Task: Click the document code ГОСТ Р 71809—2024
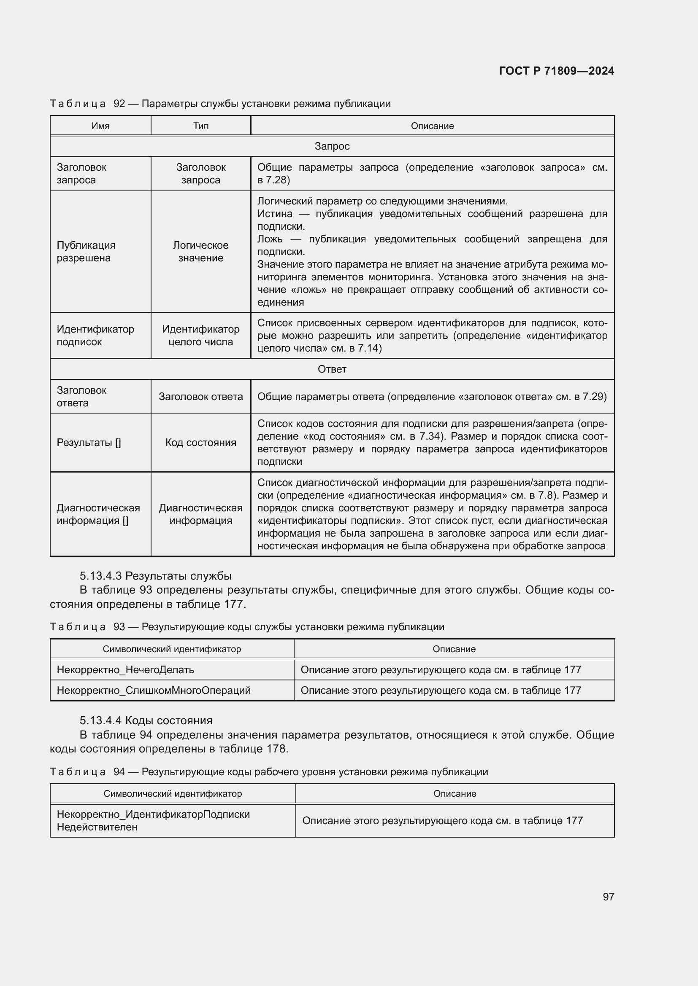556,71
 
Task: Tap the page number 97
608,896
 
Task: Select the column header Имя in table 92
100,126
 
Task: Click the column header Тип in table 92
201,126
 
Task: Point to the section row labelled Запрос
332,146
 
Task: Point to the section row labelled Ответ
332,369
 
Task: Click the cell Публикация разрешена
86,251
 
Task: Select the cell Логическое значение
201,251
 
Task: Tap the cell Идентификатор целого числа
201,336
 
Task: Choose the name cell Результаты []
89,442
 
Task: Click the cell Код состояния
201,442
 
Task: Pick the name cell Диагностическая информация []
98,514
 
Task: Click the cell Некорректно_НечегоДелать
125,669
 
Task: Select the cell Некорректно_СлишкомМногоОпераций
154,690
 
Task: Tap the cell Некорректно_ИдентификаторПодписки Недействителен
153,820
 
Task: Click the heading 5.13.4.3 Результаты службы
156,575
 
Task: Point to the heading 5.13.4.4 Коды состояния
146,720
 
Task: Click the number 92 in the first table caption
119,104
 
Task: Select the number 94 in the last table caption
119,772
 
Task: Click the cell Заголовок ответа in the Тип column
201,396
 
